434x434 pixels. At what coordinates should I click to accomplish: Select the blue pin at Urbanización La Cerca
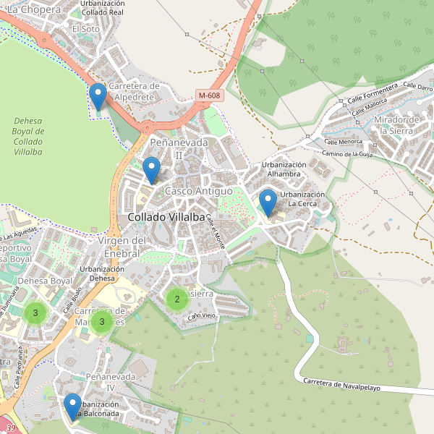(x=268, y=203)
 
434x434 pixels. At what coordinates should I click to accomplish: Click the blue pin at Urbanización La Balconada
(x=72, y=406)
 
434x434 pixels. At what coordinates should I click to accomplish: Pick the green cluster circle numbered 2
(x=177, y=299)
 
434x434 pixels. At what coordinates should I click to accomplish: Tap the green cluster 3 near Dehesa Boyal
(x=35, y=313)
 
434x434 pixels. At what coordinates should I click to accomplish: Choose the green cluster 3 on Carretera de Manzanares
(x=102, y=321)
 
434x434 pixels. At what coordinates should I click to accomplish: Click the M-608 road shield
(x=209, y=95)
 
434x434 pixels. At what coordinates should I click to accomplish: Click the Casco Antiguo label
(x=199, y=191)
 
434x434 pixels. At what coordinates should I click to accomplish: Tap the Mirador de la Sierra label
(x=399, y=125)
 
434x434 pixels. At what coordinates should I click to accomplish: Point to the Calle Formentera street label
(x=373, y=91)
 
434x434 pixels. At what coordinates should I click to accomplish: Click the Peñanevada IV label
(x=111, y=383)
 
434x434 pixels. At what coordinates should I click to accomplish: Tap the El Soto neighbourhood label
(x=86, y=29)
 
